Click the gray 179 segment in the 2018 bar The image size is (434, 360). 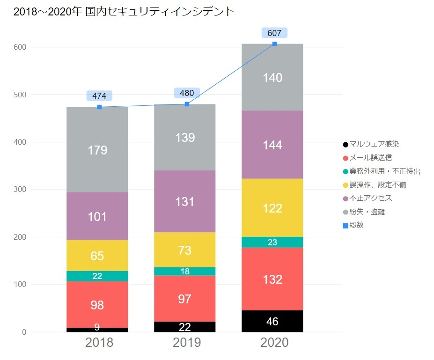tap(97, 150)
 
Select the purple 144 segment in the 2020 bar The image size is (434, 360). tap(272, 145)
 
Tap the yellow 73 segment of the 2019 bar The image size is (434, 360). tap(185, 250)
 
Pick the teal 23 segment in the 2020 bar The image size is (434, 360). tap(272, 242)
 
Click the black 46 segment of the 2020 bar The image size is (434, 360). tap(272, 322)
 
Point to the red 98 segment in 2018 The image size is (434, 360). tap(97, 305)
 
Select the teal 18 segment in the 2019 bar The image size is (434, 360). tap(185, 272)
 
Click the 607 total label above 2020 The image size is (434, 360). tap(274, 33)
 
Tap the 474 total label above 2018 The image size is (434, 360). tap(99, 96)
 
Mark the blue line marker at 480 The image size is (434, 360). tap(187, 104)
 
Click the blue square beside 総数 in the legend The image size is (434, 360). tap(346, 225)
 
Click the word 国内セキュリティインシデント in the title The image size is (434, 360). tap(160, 12)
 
